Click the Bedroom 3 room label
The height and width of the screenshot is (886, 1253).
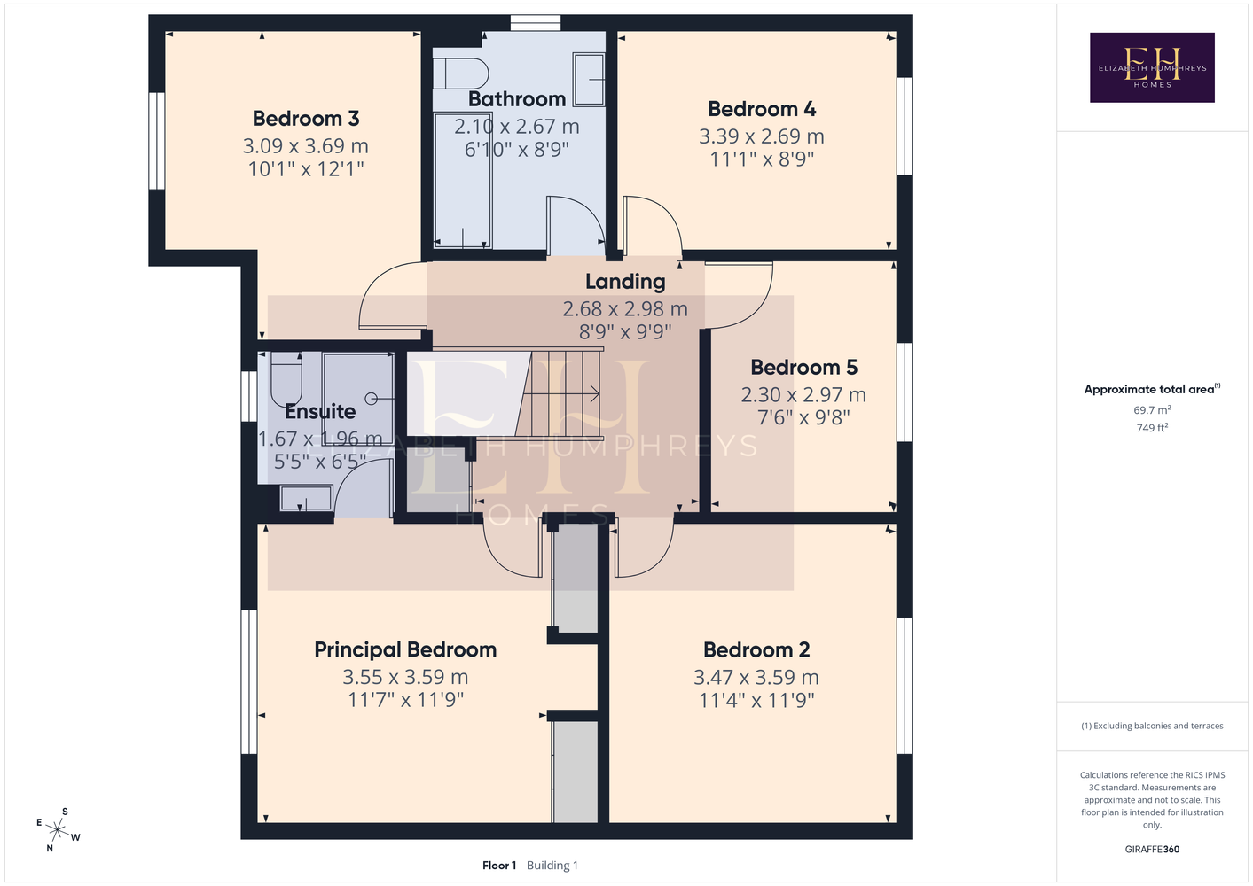click(305, 119)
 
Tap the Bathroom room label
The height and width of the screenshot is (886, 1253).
click(517, 99)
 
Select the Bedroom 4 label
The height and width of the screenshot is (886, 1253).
click(762, 109)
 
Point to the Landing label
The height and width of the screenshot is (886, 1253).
click(625, 282)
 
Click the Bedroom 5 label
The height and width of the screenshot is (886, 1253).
click(803, 368)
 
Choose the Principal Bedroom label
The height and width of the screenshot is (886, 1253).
click(405, 649)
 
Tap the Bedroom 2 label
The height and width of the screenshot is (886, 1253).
click(756, 650)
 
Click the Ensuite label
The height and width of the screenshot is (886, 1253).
click(320, 411)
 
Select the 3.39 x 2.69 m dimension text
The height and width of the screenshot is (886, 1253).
click(762, 136)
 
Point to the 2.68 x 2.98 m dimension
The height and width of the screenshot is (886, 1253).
click(625, 308)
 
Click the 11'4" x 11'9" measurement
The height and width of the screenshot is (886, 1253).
click(756, 700)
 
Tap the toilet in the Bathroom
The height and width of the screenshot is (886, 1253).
click(460, 74)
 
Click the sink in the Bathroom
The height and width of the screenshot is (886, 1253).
click(589, 80)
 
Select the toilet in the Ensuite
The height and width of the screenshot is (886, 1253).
click(286, 379)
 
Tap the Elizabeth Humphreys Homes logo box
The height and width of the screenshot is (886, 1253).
click(1152, 67)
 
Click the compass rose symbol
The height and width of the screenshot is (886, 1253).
click(58, 829)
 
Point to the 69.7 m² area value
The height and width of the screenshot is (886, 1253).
click(1152, 409)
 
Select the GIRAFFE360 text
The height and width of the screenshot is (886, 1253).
click(1152, 849)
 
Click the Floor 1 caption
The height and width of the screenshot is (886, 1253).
click(499, 866)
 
